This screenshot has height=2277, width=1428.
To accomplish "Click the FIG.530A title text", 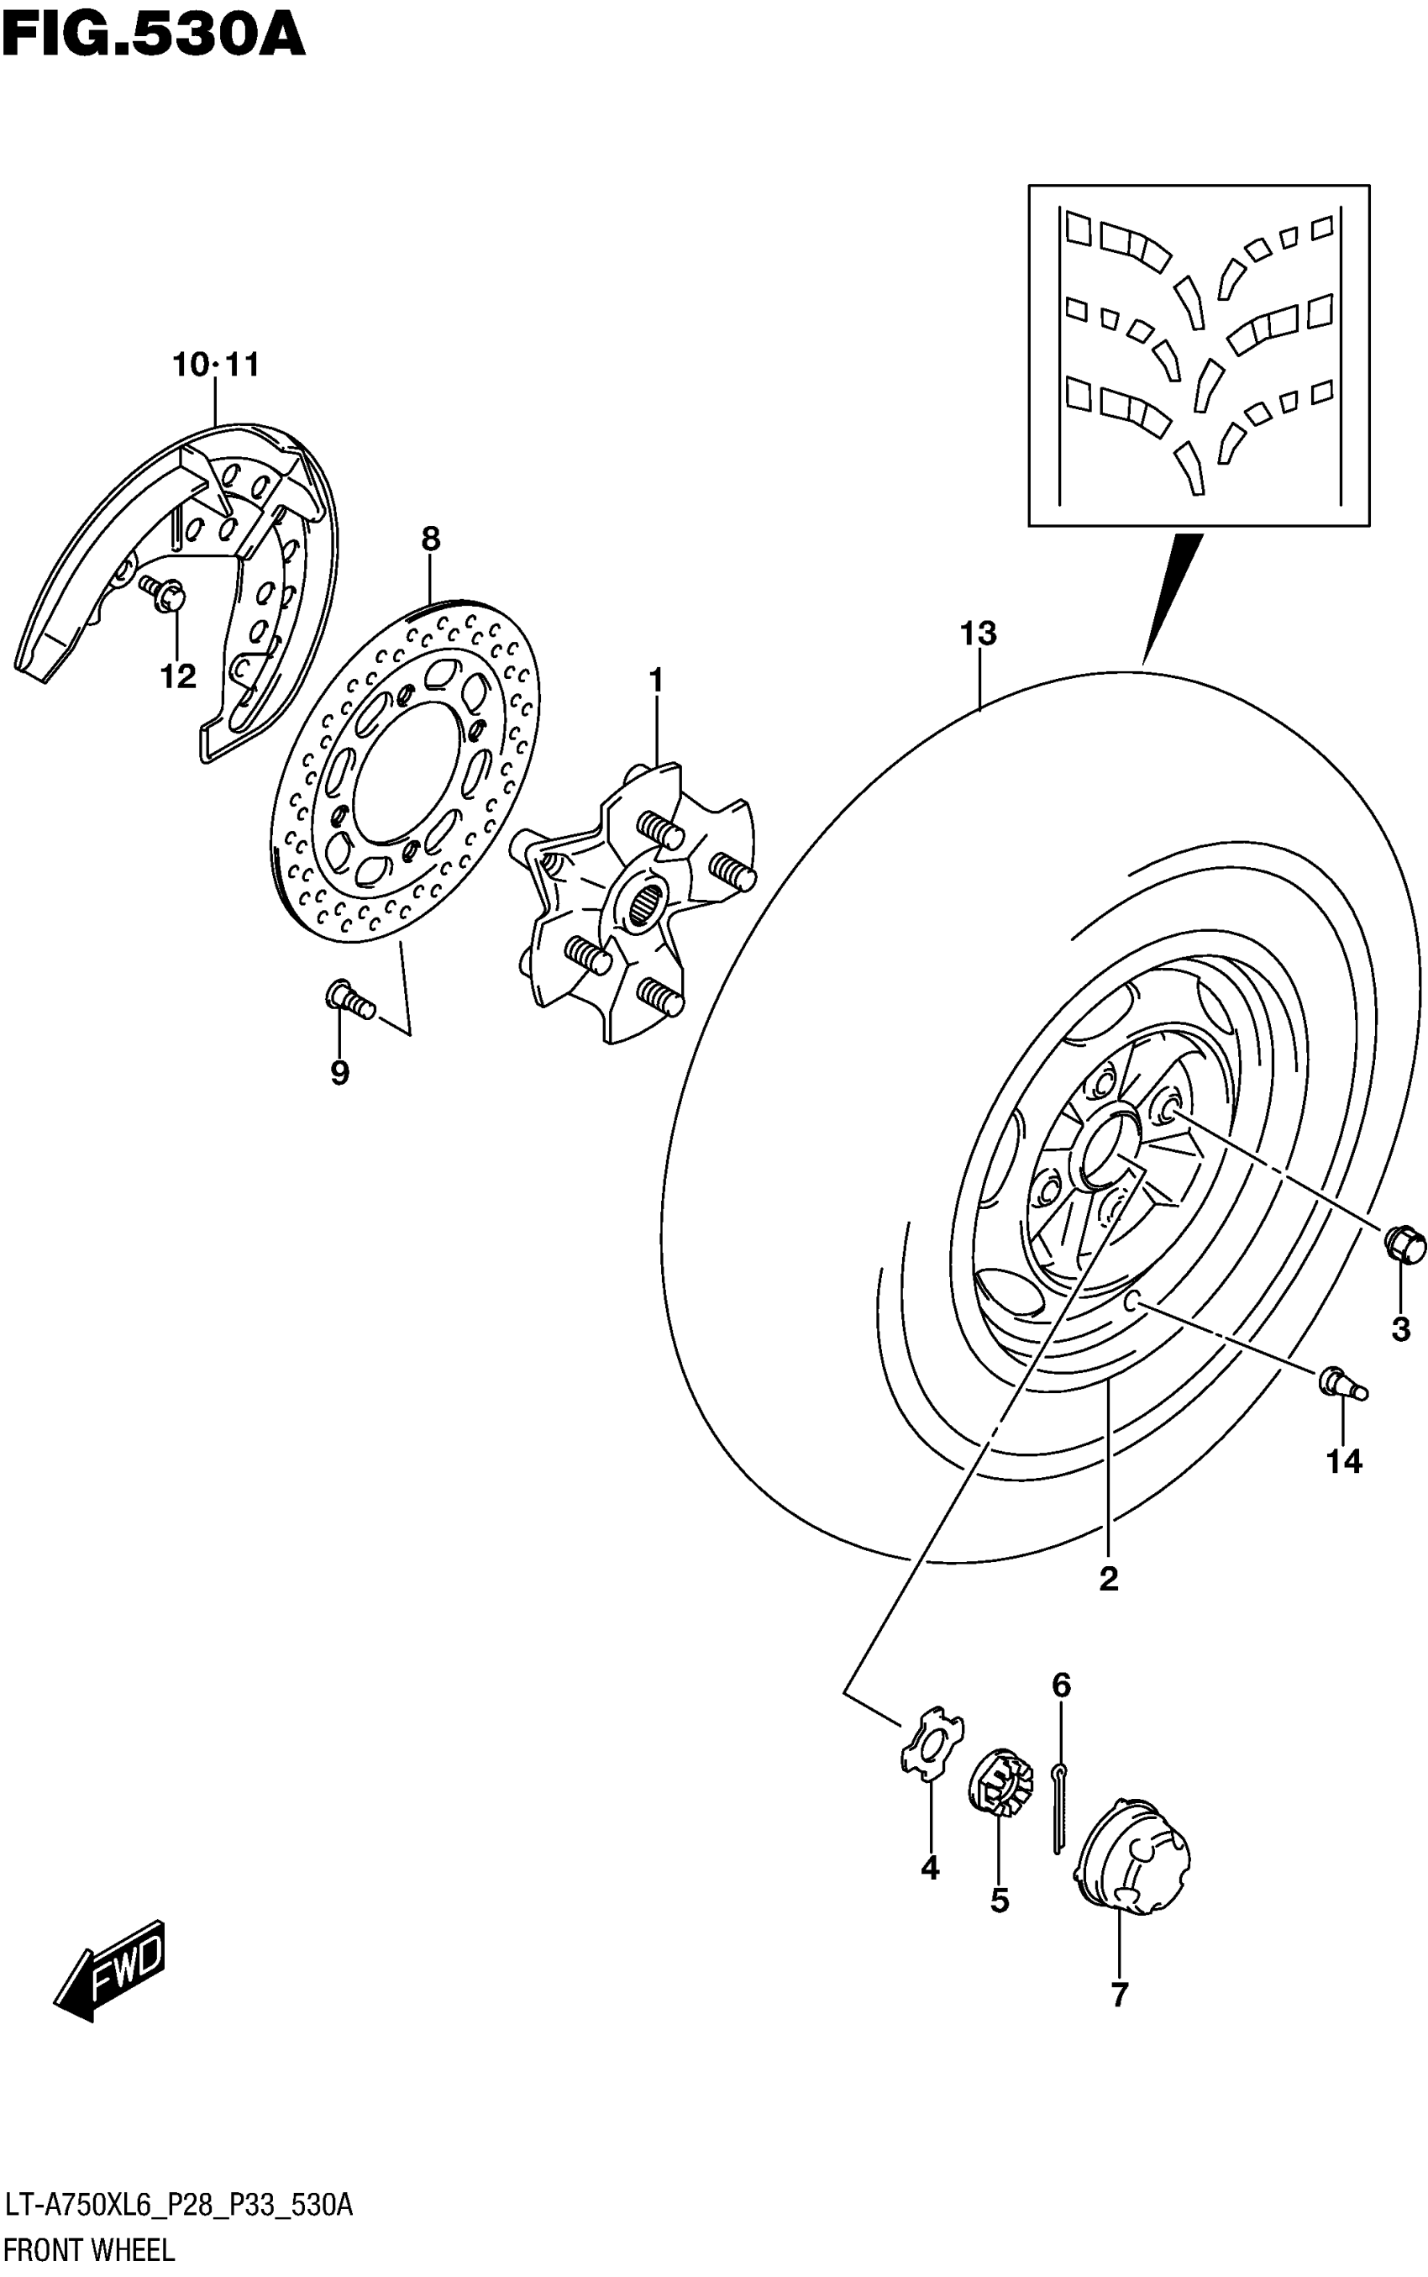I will [x=153, y=36].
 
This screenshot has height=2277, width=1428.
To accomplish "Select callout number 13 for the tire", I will [x=979, y=634].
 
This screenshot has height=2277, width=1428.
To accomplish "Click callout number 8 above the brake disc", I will [x=431, y=539].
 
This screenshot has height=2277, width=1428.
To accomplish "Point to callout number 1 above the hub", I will [x=655, y=680].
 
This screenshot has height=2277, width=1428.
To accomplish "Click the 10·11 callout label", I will [x=215, y=365].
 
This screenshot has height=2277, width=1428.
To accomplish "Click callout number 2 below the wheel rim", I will [x=1109, y=1578].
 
